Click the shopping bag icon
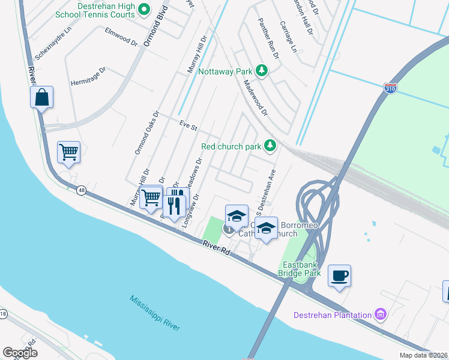pos(41,97)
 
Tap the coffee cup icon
pos(339,275)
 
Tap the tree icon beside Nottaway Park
pos(262,71)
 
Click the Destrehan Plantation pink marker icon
pos(379,314)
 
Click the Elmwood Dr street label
pos(121,37)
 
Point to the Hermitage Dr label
pos(88,75)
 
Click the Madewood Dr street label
pos(255,98)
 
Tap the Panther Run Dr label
pos(268,38)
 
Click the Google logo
pos(20,352)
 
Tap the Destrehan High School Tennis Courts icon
pos(143,9)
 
